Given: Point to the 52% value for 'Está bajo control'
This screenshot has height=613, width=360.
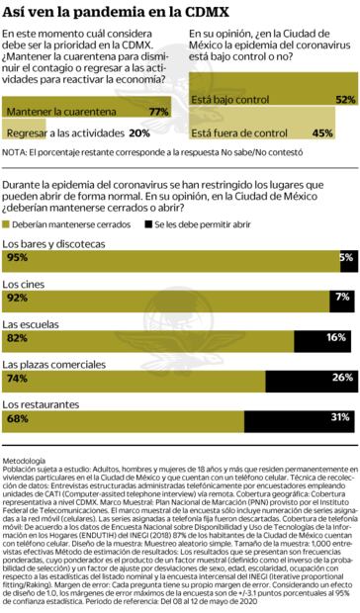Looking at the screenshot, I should (344, 100).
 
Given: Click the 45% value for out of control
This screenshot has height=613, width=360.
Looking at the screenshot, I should (322, 131).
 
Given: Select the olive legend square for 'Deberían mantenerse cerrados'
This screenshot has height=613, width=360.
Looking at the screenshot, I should (8, 224).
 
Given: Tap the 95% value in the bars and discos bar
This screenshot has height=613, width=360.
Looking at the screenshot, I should (17, 257).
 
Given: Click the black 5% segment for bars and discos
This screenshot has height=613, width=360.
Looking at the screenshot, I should (346, 257).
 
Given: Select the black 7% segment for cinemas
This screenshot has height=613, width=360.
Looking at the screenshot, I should (342, 297).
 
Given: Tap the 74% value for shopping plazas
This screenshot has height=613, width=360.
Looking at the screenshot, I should (17, 378).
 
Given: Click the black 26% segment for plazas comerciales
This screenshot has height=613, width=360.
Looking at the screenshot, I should (311, 378).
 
